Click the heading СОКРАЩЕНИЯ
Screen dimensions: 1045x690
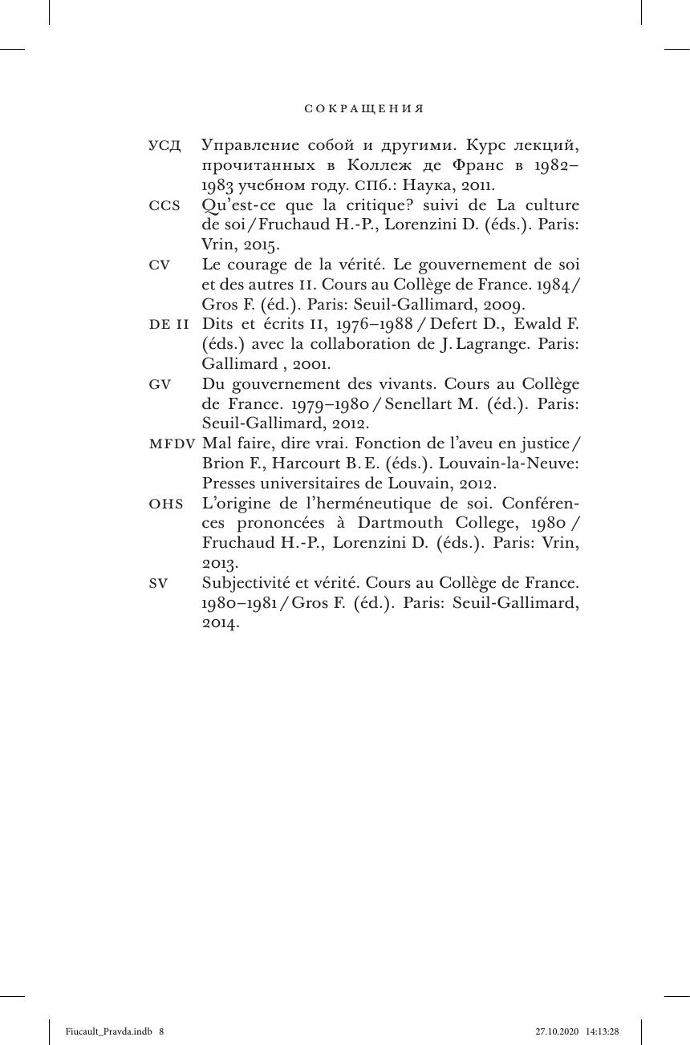point(363,109)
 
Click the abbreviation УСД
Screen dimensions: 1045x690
point(164,146)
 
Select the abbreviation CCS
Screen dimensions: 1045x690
point(164,205)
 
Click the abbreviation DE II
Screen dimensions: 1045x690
point(169,325)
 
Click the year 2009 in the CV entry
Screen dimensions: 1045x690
point(501,305)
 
